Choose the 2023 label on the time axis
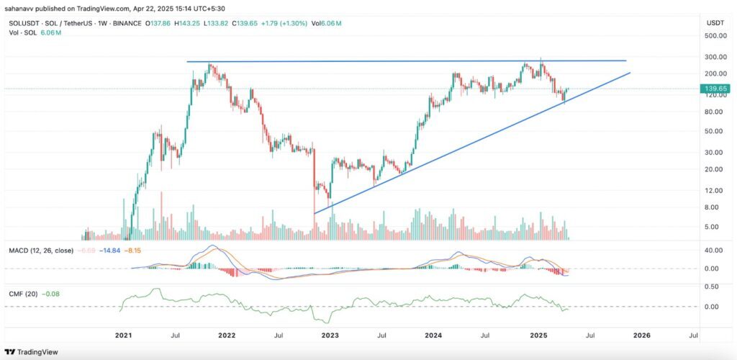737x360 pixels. point(330,335)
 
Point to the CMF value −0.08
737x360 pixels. point(53,293)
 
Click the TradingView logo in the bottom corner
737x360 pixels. point(34,351)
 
